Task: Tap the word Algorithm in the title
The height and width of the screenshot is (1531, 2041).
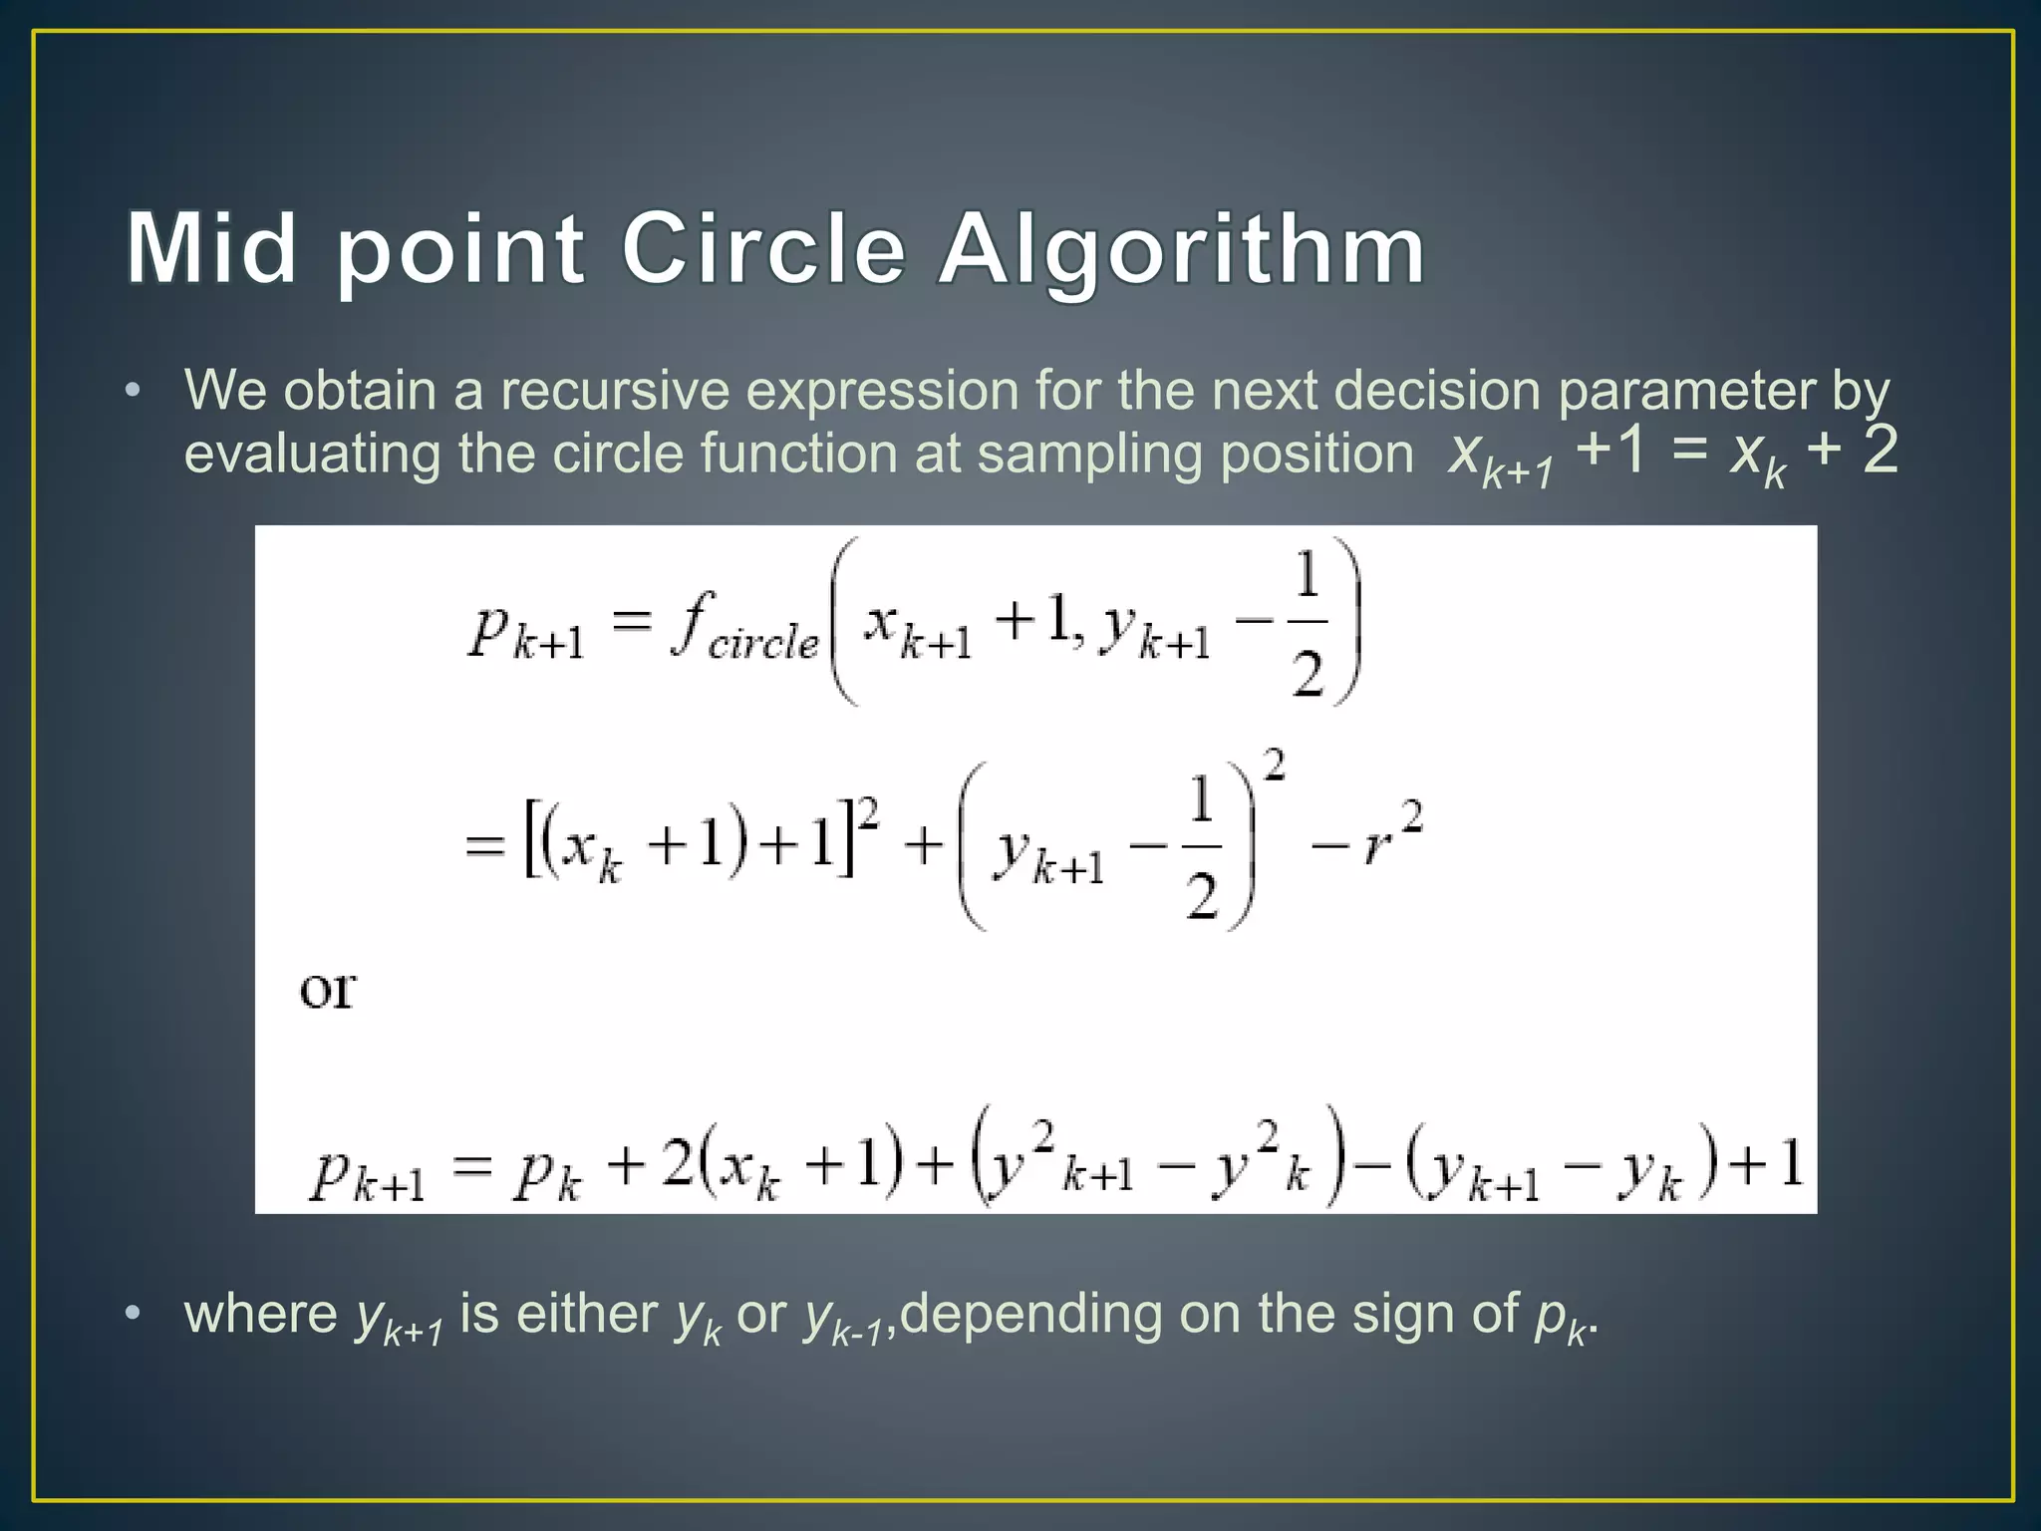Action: pos(1182,249)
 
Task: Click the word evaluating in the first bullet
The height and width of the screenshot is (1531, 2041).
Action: pos(311,455)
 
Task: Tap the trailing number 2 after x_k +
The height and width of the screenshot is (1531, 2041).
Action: pos(1880,450)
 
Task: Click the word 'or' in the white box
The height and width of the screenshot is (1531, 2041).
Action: pos(328,989)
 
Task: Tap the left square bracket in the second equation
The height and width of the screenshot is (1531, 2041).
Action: pos(530,845)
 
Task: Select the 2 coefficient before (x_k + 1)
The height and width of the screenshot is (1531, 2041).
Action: pos(677,1163)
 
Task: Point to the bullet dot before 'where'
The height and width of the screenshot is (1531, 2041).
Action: pos(133,1313)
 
